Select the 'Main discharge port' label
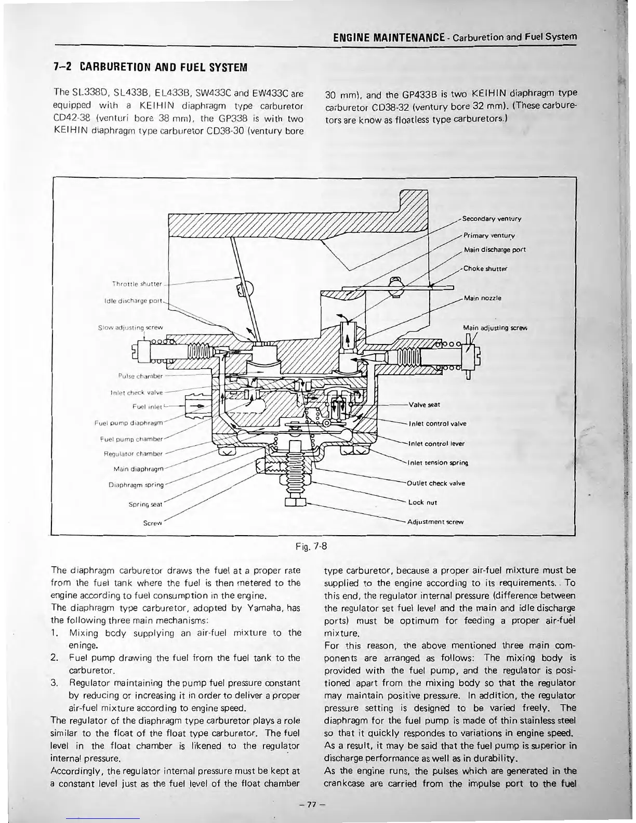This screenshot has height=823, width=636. [495, 250]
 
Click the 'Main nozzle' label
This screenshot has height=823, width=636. [482, 298]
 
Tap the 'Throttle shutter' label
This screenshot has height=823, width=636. [138, 284]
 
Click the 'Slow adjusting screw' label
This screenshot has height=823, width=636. [130, 327]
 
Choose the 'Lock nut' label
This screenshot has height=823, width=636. [422, 502]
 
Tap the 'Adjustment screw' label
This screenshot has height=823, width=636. [435, 522]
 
